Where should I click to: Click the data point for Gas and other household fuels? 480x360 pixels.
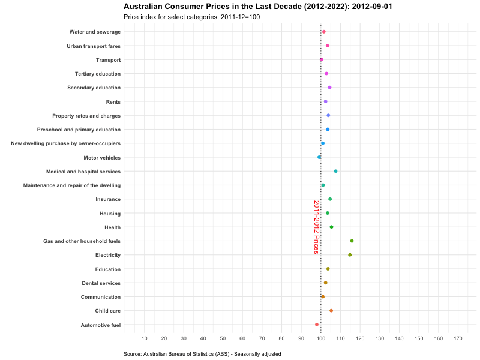tap(352, 241)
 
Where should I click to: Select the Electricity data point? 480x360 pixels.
tap(350, 255)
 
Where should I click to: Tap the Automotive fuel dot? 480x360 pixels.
tap(317, 325)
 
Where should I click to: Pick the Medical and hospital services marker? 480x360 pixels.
tap(335, 171)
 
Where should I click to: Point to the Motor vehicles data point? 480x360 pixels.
tap(319, 157)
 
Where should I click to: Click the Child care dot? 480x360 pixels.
tap(331, 311)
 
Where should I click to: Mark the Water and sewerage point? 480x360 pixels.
tap(323, 32)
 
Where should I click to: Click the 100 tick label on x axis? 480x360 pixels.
tap(321, 339)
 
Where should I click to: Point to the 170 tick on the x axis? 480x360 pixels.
tap(458, 339)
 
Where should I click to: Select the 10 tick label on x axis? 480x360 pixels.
tap(144, 339)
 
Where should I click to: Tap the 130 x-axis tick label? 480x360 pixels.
tap(380, 339)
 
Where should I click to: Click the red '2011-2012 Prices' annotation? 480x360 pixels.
tap(316, 227)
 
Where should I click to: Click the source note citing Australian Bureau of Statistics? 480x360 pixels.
tap(202, 354)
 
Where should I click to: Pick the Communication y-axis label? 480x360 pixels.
tap(101, 297)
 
